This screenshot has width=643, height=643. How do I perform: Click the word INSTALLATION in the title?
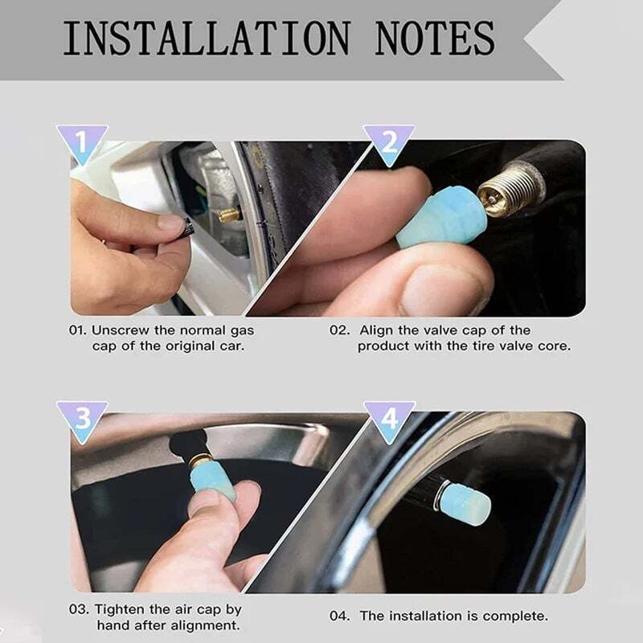[x=204, y=38]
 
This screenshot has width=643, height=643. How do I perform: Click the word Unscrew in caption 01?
[x=121, y=330]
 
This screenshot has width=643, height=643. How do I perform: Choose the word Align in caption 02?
[x=376, y=330]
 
